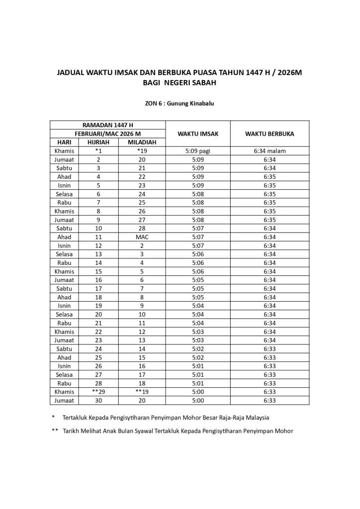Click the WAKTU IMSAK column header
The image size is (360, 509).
coord(198,134)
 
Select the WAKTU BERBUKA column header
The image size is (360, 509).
coord(270,134)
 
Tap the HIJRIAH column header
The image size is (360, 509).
coord(98,142)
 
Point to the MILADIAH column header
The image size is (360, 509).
coord(142,142)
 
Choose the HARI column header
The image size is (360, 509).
coord(64,142)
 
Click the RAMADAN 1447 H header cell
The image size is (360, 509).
coord(107,125)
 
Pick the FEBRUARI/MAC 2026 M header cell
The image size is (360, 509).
coord(107,134)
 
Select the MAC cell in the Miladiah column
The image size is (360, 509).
coord(142,237)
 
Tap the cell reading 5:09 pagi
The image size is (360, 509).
coord(198,151)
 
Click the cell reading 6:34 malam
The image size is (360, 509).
coord(270,151)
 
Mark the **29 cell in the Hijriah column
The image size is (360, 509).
coord(98,392)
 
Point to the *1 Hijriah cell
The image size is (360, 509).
coord(98,151)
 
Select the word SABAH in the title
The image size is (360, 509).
coord(202,83)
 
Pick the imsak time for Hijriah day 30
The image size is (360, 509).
coord(198,401)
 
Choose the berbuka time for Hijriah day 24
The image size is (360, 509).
coord(270,349)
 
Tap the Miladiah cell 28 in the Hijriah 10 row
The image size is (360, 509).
coord(142,229)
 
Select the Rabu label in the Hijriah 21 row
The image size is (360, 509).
coord(64,323)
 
